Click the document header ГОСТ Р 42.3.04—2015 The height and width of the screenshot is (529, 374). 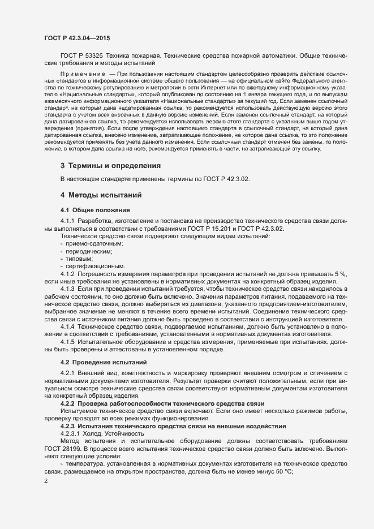[77, 38]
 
